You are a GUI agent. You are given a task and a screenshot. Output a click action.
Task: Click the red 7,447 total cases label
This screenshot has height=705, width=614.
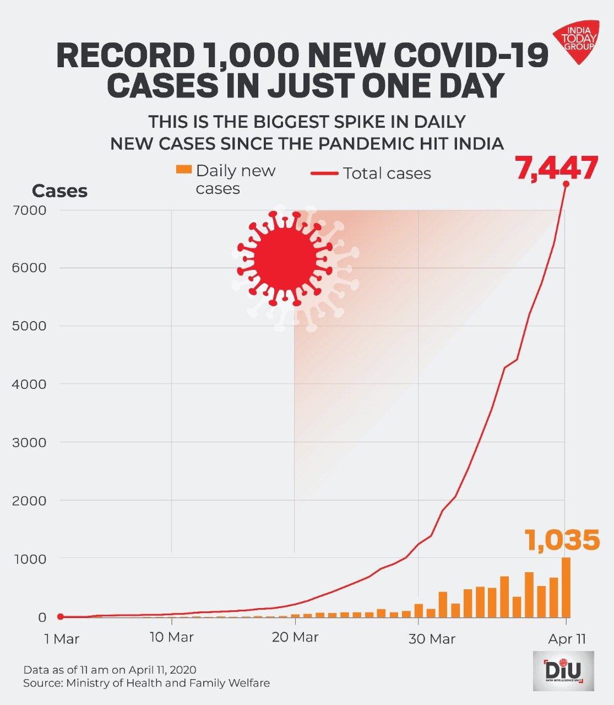point(556,168)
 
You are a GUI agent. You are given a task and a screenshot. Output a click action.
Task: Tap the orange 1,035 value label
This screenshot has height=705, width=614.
point(562,540)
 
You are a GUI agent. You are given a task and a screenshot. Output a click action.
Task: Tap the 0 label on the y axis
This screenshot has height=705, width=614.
point(42,617)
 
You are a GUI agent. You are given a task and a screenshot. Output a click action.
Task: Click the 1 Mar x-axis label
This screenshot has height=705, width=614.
point(62,639)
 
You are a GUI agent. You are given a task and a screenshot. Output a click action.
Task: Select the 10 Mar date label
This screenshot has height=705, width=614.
point(171,637)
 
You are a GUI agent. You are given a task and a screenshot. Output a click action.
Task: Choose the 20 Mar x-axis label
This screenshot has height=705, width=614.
point(295,637)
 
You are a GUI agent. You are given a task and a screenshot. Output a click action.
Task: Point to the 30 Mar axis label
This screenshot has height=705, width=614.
point(432,639)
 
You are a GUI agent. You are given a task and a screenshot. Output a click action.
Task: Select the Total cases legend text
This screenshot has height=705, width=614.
point(387,173)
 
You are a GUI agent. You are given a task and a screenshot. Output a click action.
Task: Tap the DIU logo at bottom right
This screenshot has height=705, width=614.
point(563,671)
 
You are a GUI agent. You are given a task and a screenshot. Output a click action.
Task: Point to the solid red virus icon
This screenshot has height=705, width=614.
point(285,259)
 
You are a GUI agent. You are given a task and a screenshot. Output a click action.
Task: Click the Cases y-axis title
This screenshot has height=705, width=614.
point(59,191)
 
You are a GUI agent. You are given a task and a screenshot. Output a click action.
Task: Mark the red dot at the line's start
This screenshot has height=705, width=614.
point(61,617)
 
